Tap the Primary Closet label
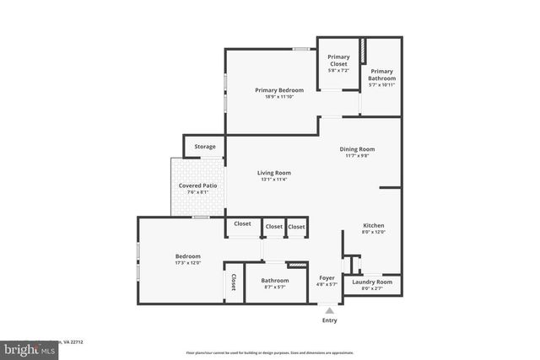point(338,61)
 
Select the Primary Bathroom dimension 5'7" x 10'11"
point(381,84)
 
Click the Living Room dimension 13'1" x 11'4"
point(273,179)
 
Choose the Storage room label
point(205,147)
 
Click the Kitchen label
point(374,225)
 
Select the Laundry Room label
point(372,282)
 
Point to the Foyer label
point(327,277)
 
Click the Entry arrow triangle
point(329,311)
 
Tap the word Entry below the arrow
point(329,320)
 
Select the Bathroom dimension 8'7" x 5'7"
point(274,287)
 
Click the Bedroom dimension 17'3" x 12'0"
point(187,263)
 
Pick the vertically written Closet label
point(233,282)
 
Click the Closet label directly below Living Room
point(242,223)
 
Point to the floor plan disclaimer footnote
point(269,350)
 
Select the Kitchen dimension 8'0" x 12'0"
point(374,232)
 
